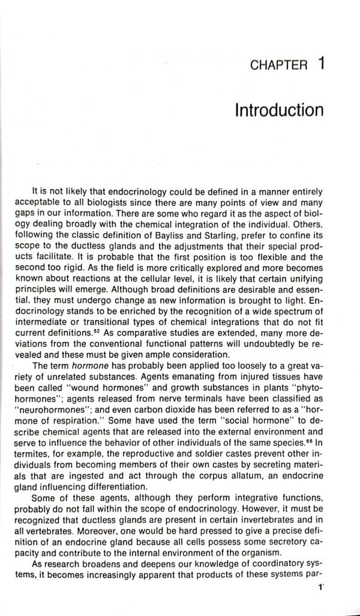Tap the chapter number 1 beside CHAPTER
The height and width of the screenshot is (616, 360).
(x=321, y=62)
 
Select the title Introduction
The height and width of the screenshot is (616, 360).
(x=279, y=112)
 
